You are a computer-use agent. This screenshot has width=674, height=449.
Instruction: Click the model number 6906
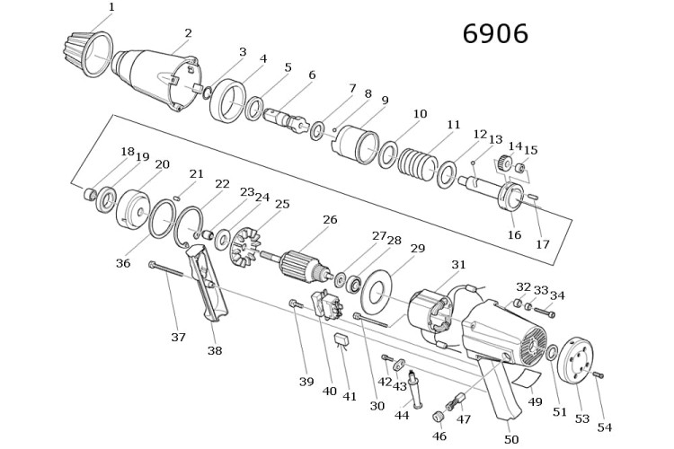[x=495, y=34]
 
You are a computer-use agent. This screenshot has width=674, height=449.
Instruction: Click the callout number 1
[x=111, y=7]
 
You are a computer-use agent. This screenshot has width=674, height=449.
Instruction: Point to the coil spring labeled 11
[x=416, y=162]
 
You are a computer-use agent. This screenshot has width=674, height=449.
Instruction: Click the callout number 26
[x=330, y=220]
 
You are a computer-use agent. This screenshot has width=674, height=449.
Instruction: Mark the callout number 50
[x=511, y=439]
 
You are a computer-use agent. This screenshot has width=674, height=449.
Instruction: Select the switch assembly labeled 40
[x=327, y=304]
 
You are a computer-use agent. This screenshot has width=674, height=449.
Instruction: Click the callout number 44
[x=402, y=416]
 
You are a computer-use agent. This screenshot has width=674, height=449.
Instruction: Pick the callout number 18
[x=128, y=152]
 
